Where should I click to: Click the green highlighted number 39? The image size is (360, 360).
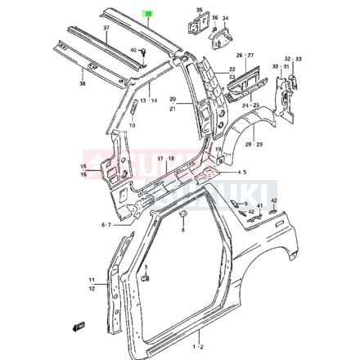pos(147,15)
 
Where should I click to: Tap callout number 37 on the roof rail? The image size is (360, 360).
pos(105,29)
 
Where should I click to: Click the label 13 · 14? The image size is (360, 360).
pos(148,100)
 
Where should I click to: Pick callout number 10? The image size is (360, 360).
pos(133,125)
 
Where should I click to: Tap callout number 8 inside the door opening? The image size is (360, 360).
pos(184,232)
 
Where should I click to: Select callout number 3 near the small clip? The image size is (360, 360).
pos(145,268)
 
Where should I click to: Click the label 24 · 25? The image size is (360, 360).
pos(251,105)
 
